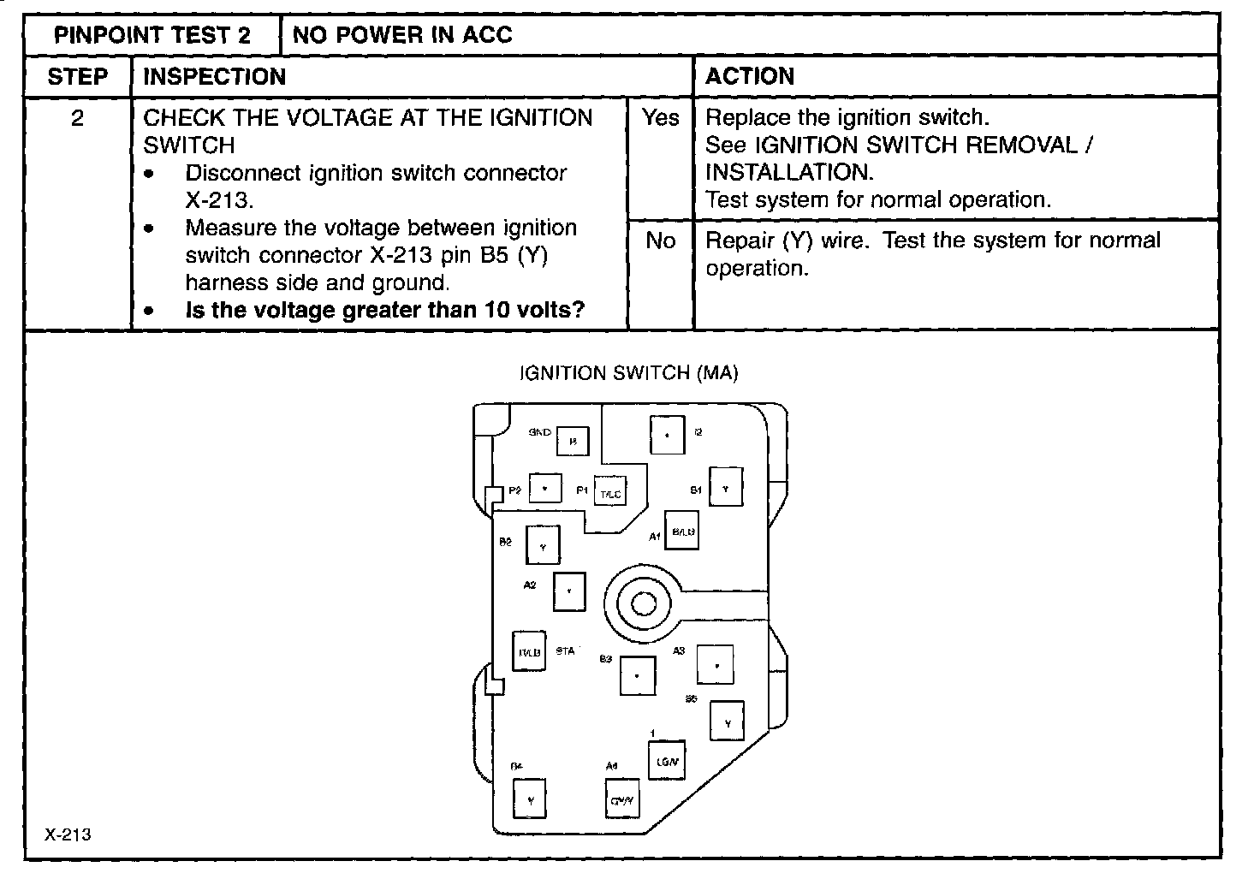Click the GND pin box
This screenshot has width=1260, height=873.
573,442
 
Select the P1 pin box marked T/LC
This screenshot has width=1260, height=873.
609,492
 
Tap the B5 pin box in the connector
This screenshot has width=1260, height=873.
727,721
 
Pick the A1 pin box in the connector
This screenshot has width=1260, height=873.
683,531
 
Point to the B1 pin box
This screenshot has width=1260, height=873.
726,487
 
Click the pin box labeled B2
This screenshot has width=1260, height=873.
543,544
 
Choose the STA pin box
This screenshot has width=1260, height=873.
528,651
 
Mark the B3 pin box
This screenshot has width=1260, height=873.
637,675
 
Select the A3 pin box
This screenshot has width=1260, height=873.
716,664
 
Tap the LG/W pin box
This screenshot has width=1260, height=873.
666,759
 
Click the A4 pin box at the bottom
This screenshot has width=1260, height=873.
621,799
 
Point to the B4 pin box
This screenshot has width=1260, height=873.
530,799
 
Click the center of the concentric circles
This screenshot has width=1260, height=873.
642,605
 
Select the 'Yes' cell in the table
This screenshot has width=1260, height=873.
660,118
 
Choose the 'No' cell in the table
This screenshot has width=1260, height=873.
660,241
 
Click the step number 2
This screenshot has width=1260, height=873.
77,118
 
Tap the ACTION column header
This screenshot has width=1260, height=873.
750,76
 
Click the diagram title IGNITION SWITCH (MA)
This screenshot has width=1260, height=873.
628,373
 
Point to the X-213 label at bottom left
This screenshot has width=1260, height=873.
68,835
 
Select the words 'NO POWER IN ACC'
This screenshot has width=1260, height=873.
402,35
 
